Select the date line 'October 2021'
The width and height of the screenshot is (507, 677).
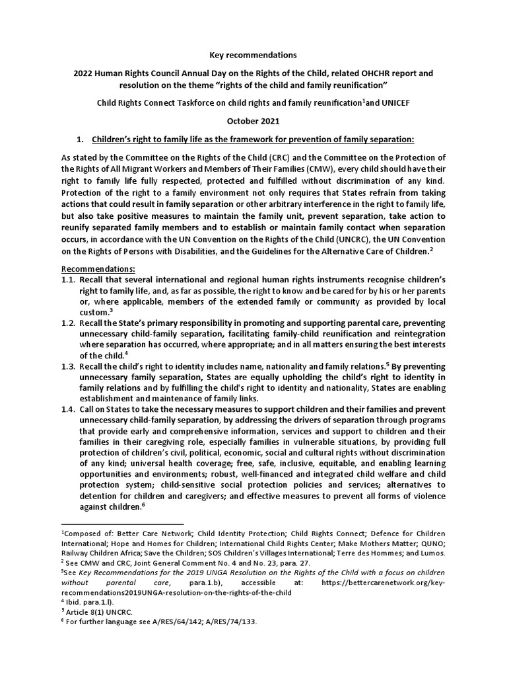[253, 121]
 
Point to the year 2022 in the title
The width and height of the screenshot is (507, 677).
[86, 73]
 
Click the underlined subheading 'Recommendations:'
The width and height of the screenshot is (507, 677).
[98, 270]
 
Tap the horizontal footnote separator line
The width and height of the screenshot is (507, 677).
[122, 523]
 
